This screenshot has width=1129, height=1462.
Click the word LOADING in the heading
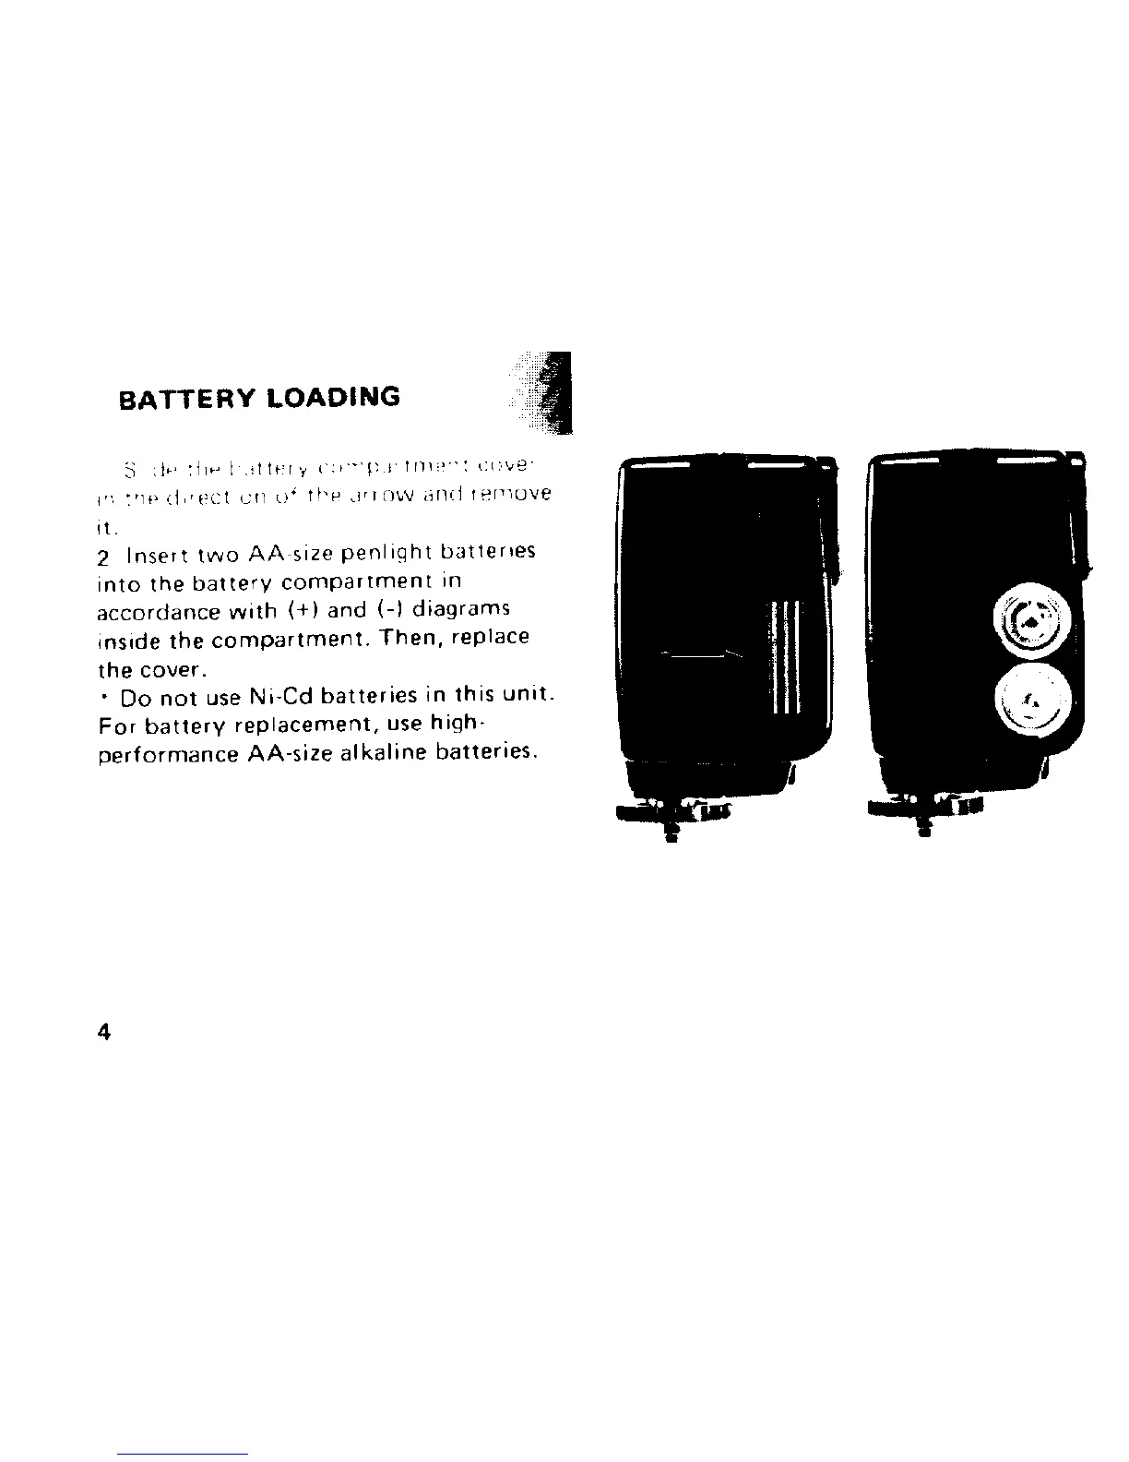(329, 397)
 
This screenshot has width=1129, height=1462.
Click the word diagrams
(461, 610)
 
